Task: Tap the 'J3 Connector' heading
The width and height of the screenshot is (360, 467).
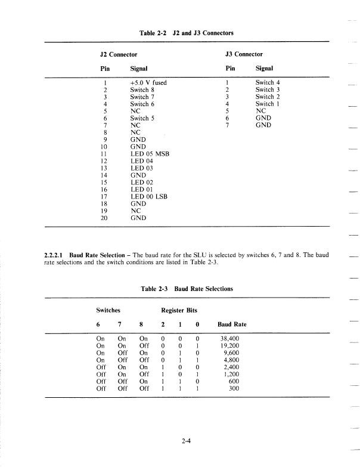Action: click(x=244, y=54)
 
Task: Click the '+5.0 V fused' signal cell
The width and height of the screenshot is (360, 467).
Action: click(x=148, y=82)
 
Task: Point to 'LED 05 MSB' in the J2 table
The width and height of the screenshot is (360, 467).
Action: click(x=150, y=154)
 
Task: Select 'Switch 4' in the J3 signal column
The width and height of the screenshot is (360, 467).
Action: click(x=268, y=82)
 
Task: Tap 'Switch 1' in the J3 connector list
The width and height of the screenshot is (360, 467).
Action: click(x=268, y=104)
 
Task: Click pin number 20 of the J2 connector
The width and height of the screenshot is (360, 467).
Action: click(x=104, y=218)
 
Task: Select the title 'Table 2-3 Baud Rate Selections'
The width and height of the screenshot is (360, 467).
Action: click(x=187, y=289)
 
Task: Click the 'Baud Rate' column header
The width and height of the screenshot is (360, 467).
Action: click(x=232, y=324)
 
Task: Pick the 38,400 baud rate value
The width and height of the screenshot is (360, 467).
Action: click(x=230, y=338)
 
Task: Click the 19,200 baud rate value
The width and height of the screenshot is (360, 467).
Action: click(x=230, y=345)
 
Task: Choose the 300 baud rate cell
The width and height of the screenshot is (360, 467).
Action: click(x=234, y=388)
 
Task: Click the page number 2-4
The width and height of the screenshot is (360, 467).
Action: click(x=187, y=441)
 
